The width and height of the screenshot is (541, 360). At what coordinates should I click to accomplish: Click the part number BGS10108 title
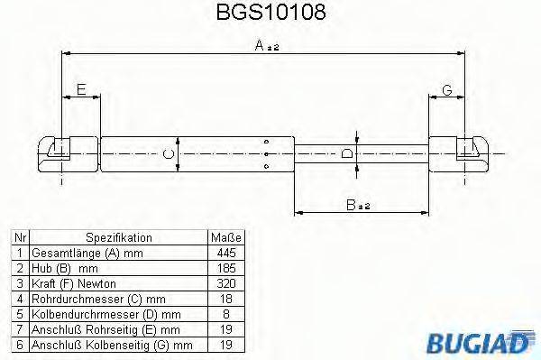[271, 14]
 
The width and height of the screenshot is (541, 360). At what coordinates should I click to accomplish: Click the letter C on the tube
[169, 152]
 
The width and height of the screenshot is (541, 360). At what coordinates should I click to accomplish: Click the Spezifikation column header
[118, 237]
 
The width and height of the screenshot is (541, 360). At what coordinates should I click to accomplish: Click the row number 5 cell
[20, 314]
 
